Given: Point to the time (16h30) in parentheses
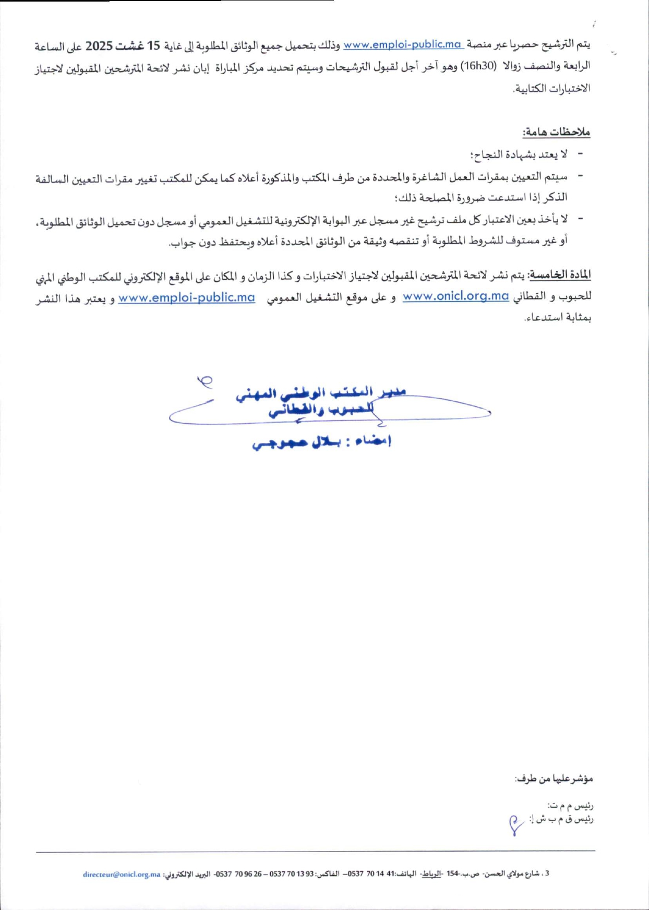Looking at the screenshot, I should [473, 66].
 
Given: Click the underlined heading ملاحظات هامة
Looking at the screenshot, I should [556, 132].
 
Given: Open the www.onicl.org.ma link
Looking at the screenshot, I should [455, 296].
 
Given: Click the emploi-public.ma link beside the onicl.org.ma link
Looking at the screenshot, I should [186, 297].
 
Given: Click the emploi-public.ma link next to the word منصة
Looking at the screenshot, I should [403, 45].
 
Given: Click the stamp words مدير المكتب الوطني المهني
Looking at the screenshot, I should [321, 392].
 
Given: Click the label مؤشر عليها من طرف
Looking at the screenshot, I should [554, 779].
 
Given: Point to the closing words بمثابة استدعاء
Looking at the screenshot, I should [558, 318].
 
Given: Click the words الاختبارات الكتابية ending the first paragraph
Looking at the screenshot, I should [551, 88].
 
